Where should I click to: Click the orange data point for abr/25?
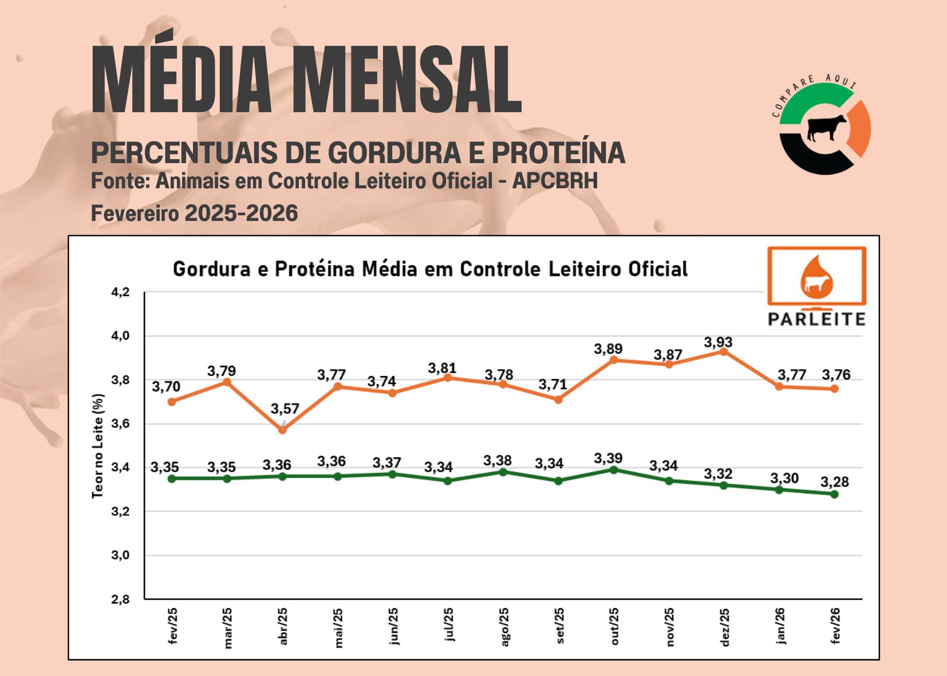point(282,430)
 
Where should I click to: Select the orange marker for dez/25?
point(724,351)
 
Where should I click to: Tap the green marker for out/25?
point(614,470)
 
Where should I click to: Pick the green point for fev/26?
point(834,494)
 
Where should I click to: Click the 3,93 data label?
point(718,342)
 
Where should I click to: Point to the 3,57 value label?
point(285,409)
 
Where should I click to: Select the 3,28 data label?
point(834,482)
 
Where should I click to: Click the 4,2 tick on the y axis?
point(120,292)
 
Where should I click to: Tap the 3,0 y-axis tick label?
point(120,555)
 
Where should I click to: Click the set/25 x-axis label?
point(559,626)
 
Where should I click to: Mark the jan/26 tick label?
point(779,626)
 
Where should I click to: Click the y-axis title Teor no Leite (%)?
point(98,446)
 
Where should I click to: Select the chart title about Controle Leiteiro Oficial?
point(430,269)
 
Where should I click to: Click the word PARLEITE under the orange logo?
point(816,319)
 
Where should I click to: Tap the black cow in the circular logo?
point(826,127)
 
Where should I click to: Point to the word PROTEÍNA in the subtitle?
point(558,153)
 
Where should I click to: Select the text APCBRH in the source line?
point(555,181)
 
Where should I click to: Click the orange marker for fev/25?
point(172,402)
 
